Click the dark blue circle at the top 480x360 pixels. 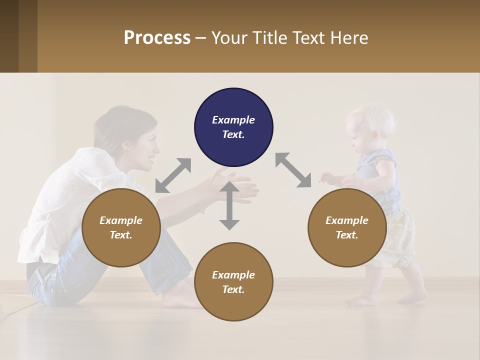pyautogui.click(x=233, y=127)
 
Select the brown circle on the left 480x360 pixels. pyautogui.click(x=121, y=228)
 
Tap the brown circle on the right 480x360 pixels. pyautogui.click(x=347, y=228)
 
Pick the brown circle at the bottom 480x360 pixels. pyautogui.click(x=233, y=282)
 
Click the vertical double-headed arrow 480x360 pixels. pyautogui.click(x=229, y=205)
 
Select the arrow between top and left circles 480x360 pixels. pyautogui.click(x=173, y=175)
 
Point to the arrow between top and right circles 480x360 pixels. pyautogui.click(x=293, y=170)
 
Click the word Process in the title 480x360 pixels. pyautogui.click(x=157, y=38)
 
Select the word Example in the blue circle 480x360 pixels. pyautogui.click(x=233, y=120)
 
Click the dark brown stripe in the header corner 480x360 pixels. pyautogui.click(x=9, y=36)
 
